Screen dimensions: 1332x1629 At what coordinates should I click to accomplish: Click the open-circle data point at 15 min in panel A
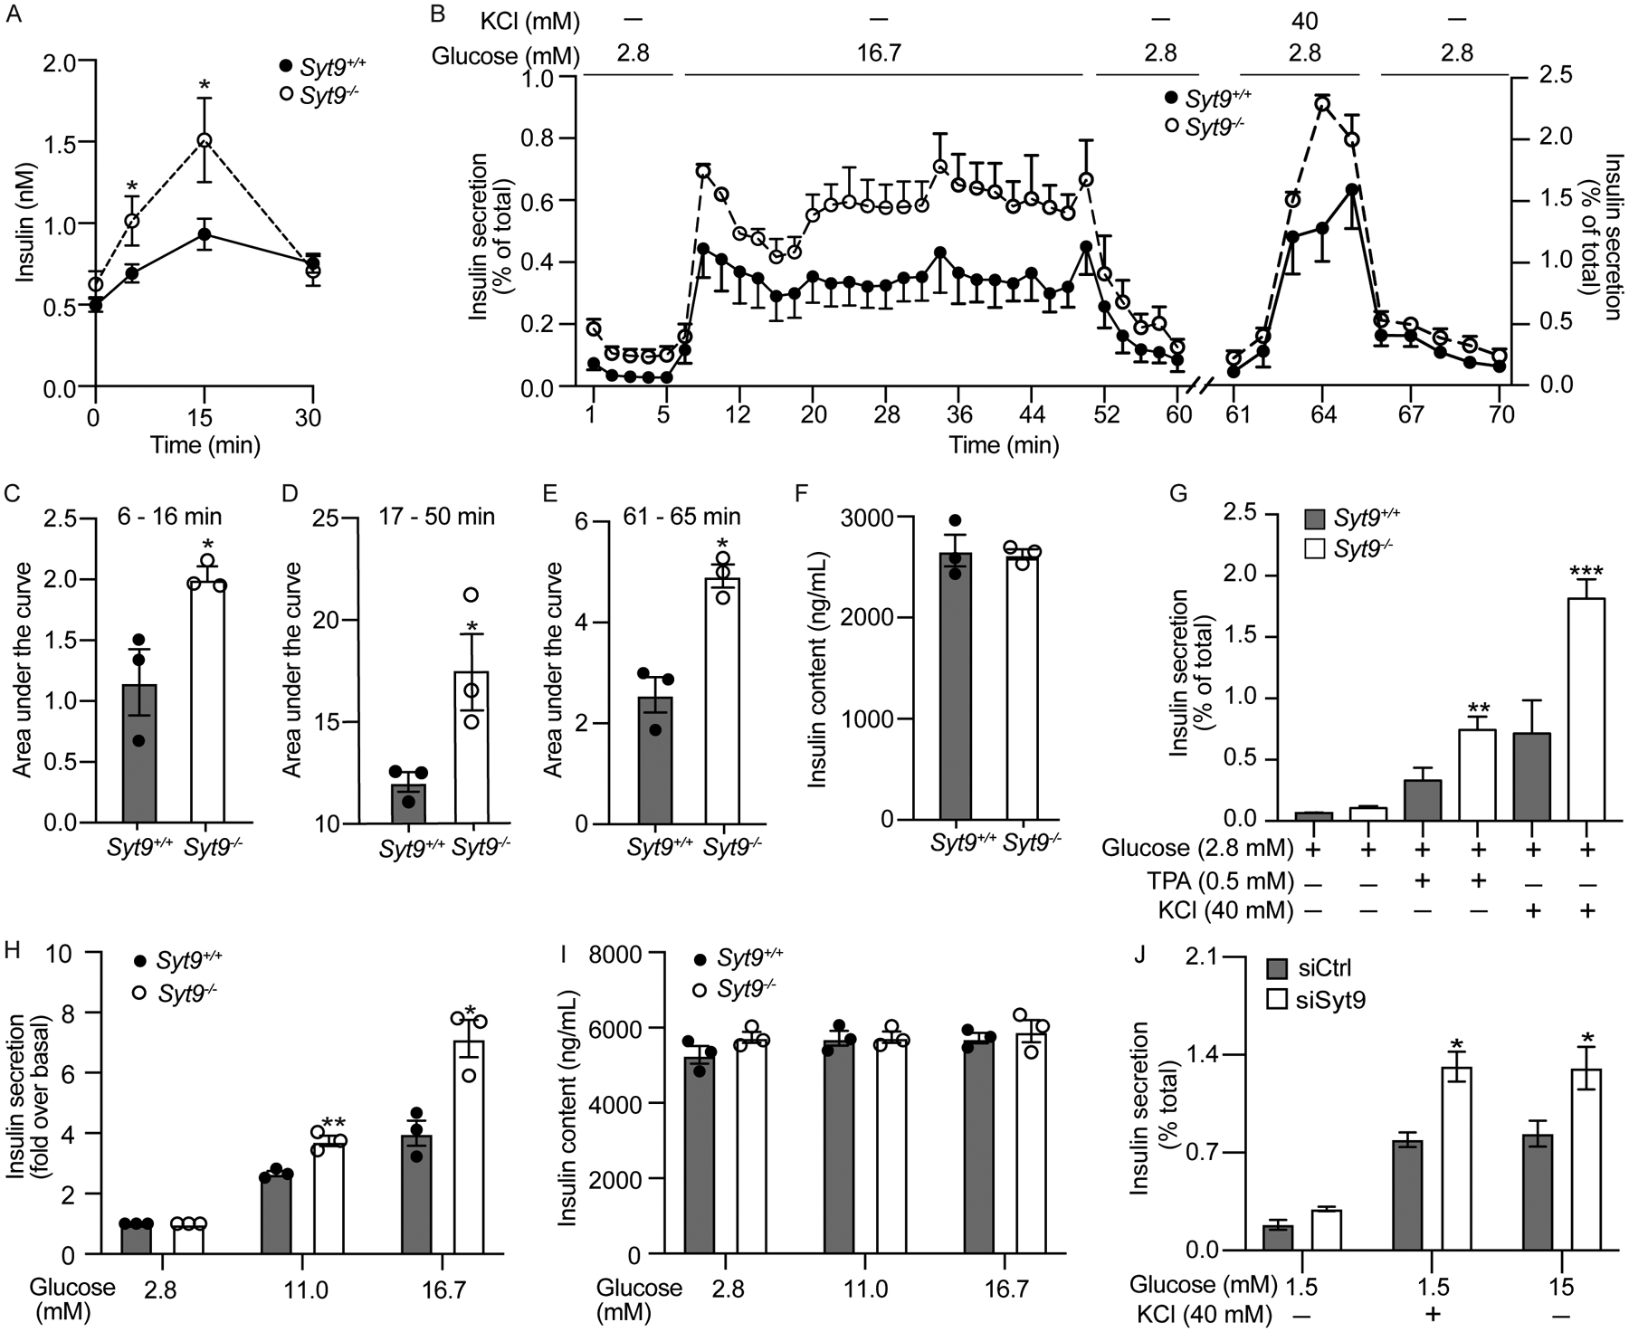pos(205,140)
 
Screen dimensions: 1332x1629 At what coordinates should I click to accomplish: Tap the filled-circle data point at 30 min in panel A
pos(313,263)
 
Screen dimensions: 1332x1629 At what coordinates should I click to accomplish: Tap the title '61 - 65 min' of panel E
pos(681,517)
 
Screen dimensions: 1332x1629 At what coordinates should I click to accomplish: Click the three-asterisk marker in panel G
pos(1586,572)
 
